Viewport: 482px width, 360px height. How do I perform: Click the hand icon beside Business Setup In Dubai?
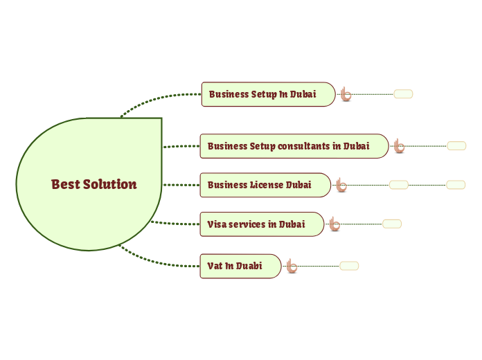click(x=345, y=94)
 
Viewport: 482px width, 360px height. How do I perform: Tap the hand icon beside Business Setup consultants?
click(x=399, y=146)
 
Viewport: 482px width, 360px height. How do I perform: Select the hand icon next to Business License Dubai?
click(x=340, y=185)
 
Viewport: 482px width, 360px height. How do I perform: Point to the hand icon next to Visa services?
click(x=334, y=224)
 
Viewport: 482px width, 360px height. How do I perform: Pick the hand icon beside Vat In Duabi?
click(x=292, y=266)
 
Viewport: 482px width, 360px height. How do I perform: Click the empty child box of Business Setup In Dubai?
click(x=403, y=94)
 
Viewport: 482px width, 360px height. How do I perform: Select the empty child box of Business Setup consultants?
click(x=456, y=146)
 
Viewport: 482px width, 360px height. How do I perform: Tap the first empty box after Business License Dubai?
click(x=398, y=185)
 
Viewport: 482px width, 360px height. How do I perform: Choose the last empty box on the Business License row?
click(x=456, y=185)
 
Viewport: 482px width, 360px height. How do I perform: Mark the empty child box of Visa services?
click(x=392, y=224)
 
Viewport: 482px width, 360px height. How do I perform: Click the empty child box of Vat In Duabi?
click(x=349, y=266)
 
